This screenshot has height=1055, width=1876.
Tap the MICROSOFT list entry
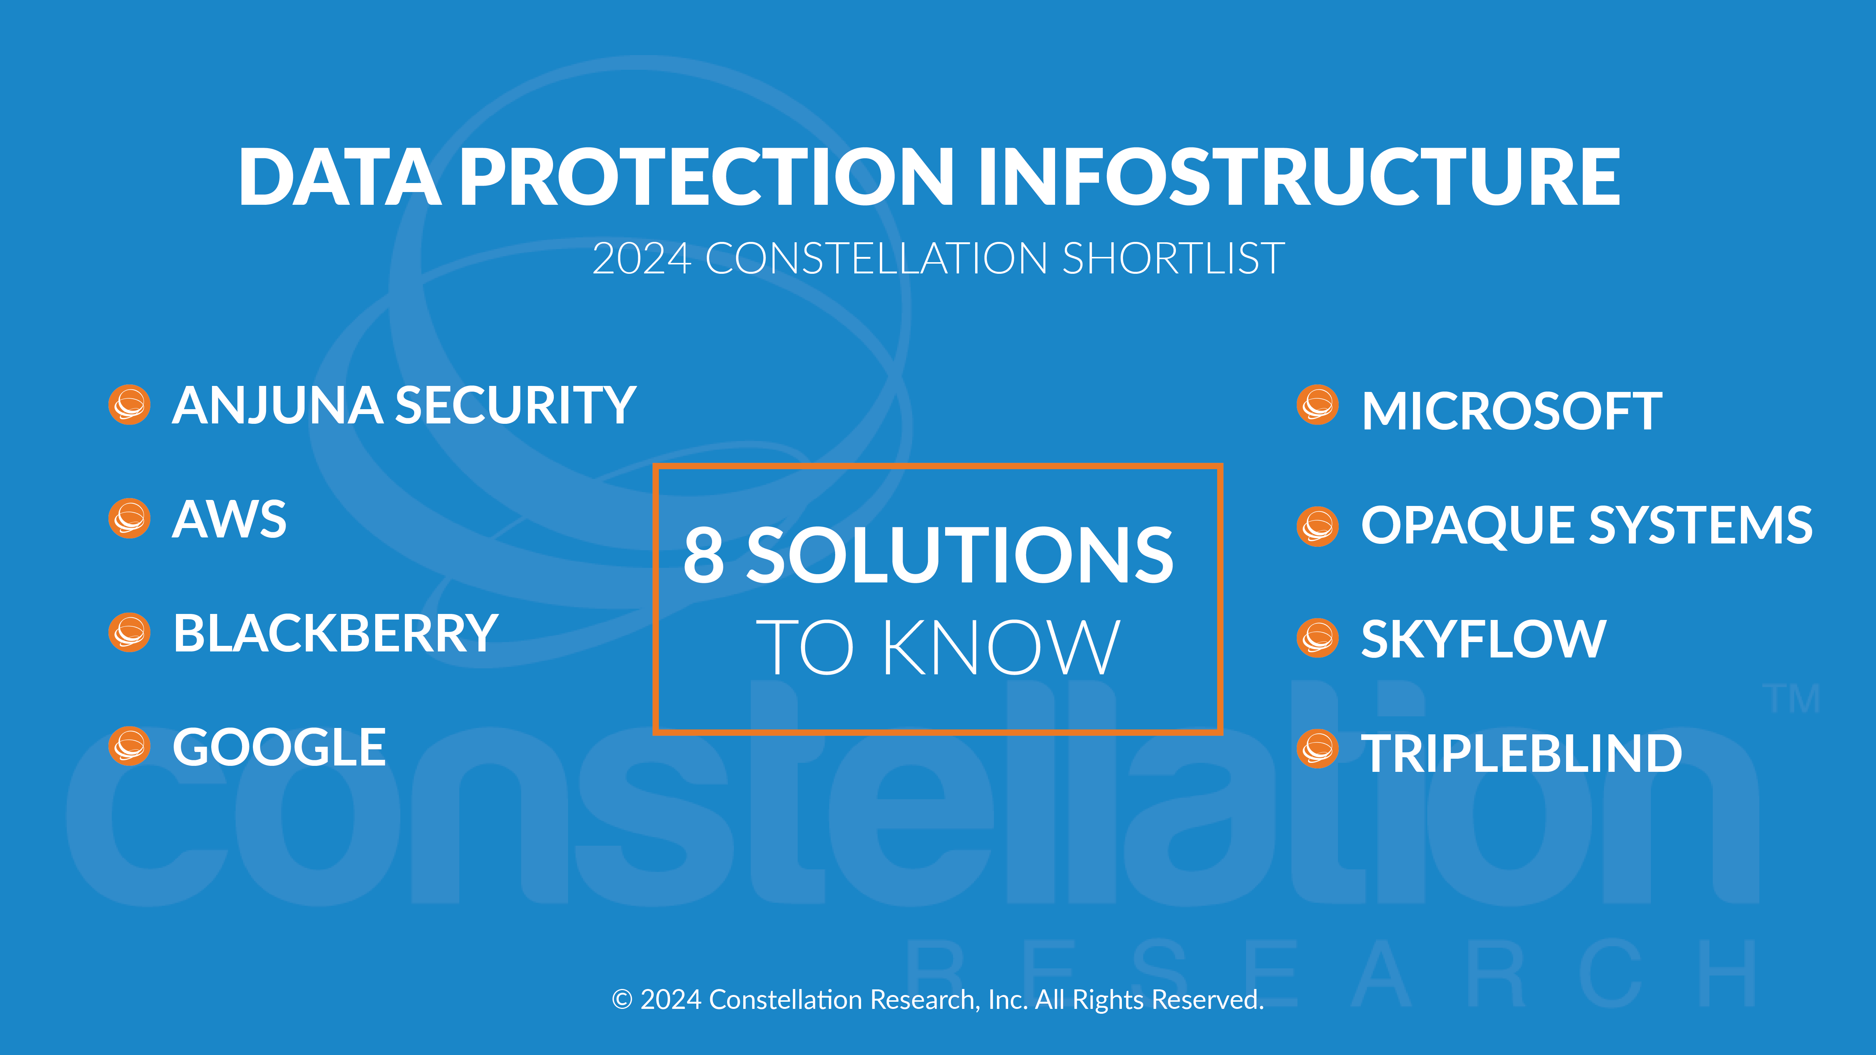pos(1512,411)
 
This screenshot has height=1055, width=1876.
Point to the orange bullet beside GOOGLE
pos(129,746)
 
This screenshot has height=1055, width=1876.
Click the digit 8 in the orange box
pos(703,555)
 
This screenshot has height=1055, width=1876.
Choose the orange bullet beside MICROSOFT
pos(1317,405)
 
